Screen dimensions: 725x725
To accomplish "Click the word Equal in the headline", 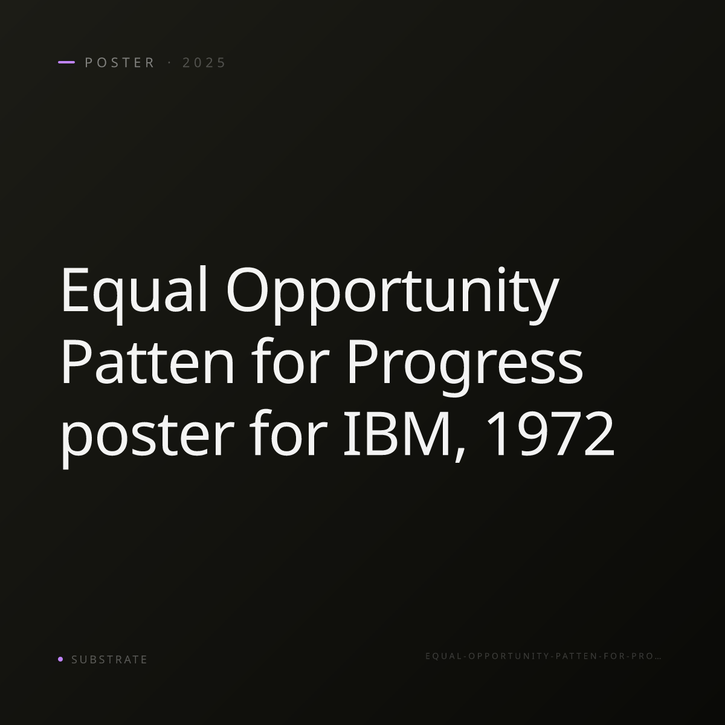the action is [134, 294].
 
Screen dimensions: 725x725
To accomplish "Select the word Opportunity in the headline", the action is [393, 294].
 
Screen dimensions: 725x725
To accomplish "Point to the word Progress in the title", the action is [465, 367].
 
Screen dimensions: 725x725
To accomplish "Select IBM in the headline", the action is [397, 434].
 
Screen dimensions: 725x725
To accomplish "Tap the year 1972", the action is [551, 434].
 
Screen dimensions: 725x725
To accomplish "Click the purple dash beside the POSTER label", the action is [66, 62].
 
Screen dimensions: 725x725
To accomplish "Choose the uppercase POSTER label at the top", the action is [120, 62].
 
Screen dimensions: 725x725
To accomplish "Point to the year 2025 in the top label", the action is [204, 62].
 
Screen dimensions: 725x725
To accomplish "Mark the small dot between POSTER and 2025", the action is [169, 62].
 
